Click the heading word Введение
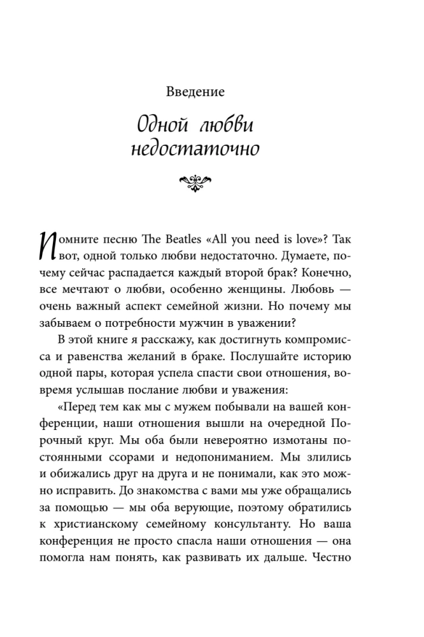pos(195,92)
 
